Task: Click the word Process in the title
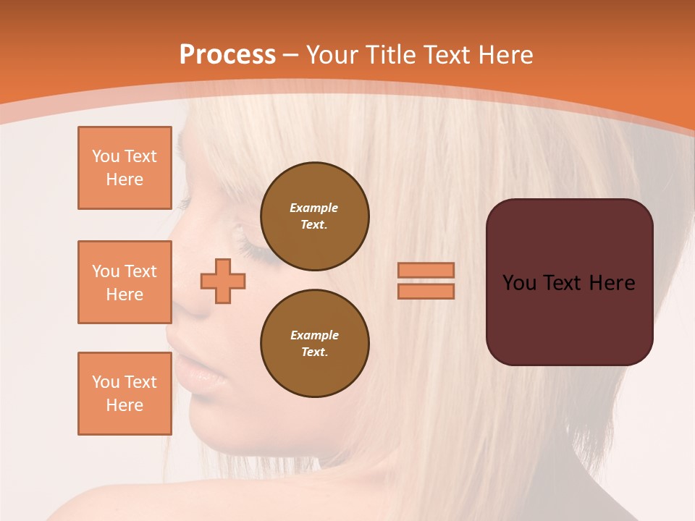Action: [x=227, y=54]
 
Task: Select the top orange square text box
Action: [x=125, y=168]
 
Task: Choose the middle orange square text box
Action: [x=125, y=282]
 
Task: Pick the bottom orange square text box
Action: [x=125, y=394]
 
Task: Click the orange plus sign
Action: [x=223, y=281]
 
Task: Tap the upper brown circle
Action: [x=314, y=216]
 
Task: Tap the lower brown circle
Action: [x=314, y=344]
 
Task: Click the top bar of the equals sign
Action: [x=426, y=270]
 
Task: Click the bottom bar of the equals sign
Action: [x=426, y=291]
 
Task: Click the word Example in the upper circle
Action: [x=313, y=208]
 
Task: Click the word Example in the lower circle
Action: [x=313, y=335]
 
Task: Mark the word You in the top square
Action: [x=106, y=156]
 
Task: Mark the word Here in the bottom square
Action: [x=125, y=405]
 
